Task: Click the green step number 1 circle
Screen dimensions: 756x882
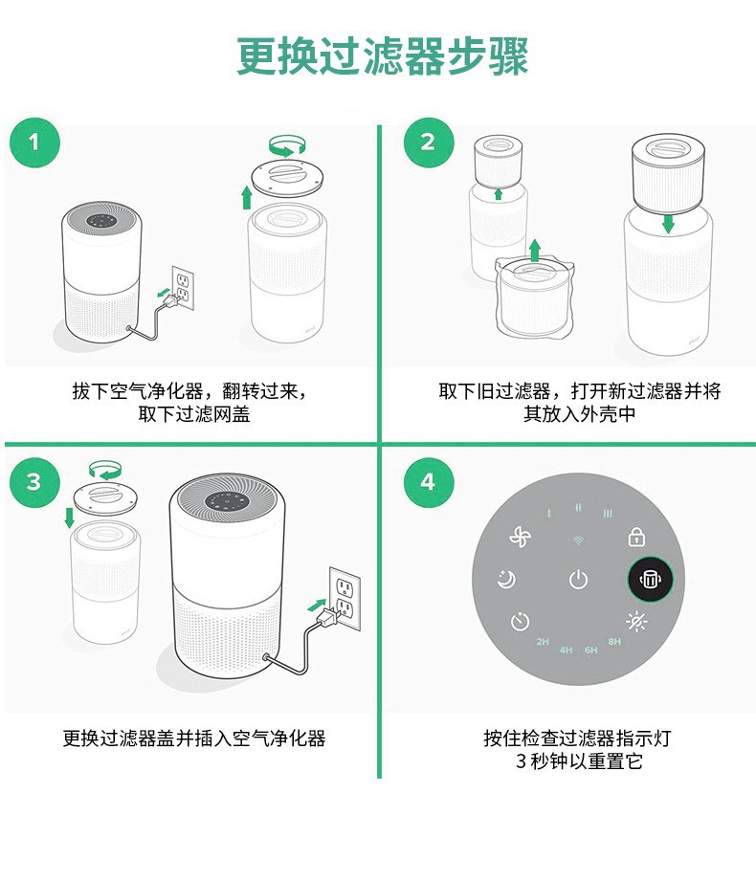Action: point(34,143)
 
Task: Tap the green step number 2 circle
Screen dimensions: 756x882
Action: point(428,143)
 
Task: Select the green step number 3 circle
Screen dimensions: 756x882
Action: point(34,482)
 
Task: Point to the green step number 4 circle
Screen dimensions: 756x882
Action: point(428,482)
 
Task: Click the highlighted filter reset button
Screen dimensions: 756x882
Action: point(650,580)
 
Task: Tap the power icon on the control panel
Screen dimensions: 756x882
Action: point(578,580)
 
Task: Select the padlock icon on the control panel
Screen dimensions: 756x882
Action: point(636,538)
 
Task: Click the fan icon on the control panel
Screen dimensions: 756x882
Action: point(520,538)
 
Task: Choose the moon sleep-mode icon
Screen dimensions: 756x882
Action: point(506,580)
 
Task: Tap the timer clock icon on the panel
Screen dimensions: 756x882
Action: point(521,622)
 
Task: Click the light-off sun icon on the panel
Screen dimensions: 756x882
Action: point(636,622)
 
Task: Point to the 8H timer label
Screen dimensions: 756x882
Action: point(614,641)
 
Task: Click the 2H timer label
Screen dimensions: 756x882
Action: point(543,641)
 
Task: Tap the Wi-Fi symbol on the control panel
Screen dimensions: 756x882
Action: point(578,540)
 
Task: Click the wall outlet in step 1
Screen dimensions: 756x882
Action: point(182,288)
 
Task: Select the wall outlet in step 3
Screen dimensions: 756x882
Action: point(345,598)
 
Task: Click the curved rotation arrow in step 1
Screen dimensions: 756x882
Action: point(287,145)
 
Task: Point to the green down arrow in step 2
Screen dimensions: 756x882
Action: point(668,223)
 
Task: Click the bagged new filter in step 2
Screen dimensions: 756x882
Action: point(535,298)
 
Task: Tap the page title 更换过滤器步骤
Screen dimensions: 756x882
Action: point(383,56)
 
